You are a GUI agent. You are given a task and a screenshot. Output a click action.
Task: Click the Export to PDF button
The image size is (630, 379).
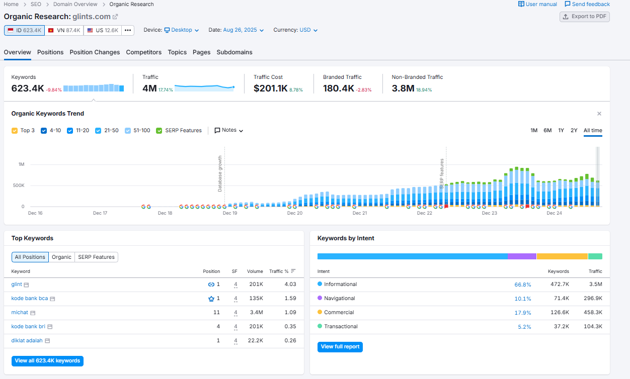585,17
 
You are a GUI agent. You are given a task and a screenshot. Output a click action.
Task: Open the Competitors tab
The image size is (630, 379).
143,52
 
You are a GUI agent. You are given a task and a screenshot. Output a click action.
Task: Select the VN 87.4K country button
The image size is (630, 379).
64,30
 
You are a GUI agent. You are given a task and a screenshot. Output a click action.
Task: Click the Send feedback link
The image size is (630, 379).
587,4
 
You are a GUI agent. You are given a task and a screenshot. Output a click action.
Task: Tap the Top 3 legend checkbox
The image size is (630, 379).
15,131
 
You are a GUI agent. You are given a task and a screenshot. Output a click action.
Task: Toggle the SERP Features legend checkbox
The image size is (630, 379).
160,131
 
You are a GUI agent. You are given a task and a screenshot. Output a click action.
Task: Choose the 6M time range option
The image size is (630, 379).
547,131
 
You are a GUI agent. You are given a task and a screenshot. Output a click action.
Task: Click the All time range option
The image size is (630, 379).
593,131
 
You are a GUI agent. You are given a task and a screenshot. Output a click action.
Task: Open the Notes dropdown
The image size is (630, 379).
229,130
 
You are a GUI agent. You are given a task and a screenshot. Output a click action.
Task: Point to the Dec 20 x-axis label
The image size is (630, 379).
295,213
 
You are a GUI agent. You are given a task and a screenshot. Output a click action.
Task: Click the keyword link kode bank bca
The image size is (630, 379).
30,299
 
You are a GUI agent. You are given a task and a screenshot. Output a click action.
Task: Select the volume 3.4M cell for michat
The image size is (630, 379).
255,313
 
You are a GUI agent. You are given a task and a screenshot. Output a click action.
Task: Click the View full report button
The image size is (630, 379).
340,347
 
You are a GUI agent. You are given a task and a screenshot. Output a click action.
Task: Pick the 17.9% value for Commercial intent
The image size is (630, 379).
523,313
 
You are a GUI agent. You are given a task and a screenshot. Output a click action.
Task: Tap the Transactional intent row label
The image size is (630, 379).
341,327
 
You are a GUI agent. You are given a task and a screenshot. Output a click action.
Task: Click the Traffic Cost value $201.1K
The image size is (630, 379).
270,88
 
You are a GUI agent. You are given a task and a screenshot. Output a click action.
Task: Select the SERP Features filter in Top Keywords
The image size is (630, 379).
96,257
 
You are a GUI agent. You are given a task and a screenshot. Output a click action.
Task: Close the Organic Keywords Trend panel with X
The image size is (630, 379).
599,114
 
